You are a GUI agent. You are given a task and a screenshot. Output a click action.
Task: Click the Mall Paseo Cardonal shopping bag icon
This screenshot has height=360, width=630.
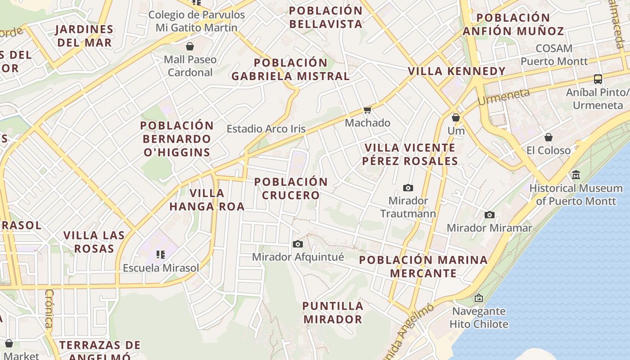click(190, 46)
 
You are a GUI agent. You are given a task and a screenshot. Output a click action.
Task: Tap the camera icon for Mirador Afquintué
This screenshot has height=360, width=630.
click(297, 244)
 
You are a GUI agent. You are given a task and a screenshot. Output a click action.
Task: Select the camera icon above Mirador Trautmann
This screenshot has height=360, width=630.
click(408, 188)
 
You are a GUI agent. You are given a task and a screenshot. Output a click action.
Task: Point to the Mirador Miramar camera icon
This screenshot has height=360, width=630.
click(490, 215)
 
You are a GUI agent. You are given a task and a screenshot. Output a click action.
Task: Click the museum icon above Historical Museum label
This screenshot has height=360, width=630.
click(576, 175)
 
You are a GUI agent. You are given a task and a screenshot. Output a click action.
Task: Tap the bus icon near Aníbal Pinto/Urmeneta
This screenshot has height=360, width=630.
click(598, 79)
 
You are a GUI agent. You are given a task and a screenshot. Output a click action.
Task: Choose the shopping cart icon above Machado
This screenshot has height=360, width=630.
click(368, 110)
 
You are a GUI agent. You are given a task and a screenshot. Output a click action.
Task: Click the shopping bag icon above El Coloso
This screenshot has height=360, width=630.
click(548, 137)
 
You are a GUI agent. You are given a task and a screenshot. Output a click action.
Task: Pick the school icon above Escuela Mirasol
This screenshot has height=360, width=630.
click(161, 255)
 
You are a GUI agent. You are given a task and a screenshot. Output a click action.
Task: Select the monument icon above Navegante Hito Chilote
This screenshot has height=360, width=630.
click(479, 298)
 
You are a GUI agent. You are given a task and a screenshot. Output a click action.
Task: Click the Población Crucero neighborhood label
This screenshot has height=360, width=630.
click(291, 189)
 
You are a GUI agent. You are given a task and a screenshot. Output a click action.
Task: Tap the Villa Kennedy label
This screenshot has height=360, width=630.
click(457, 71)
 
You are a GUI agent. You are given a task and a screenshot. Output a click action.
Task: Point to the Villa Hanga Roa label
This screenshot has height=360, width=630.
click(207, 200)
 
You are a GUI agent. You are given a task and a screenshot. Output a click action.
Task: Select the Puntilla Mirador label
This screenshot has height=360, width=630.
click(333, 313)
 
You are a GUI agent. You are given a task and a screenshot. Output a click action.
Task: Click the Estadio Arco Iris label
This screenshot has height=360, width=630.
click(266, 129)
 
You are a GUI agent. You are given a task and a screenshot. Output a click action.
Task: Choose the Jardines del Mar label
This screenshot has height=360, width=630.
click(84, 36)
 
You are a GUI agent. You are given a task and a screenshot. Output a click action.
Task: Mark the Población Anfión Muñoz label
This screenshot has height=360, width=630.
click(513, 24)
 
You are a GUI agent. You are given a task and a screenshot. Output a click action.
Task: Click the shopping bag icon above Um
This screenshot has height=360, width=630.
click(456, 117)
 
